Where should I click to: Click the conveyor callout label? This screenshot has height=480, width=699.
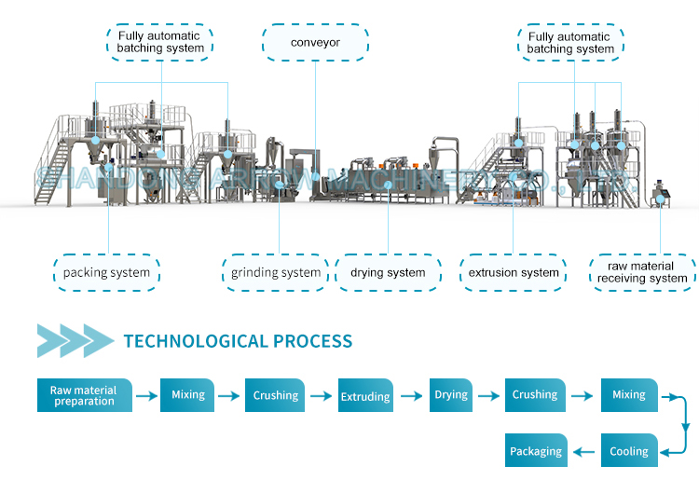(x=316, y=42)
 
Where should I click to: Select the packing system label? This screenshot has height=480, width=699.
(x=106, y=273)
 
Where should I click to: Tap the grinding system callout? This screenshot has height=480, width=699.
(x=276, y=273)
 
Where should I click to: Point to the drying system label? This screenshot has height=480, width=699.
(x=388, y=273)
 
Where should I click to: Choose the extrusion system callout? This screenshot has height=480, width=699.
(x=514, y=273)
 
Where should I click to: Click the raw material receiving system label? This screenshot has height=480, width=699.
(x=642, y=272)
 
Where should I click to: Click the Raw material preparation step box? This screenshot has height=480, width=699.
(x=84, y=395)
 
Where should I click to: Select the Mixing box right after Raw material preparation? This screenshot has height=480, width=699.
(x=188, y=395)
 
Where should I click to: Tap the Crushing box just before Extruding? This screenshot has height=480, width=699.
(x=276, y=395)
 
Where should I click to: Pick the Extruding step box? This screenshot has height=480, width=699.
(x=365, y=396)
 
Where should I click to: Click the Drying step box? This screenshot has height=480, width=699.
(x=451, y=395)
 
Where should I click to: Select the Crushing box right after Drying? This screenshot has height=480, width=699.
(x=535, y=395)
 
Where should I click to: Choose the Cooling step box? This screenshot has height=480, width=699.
(x=629, y=451)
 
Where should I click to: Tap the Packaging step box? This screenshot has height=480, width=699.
(x=536, y=451)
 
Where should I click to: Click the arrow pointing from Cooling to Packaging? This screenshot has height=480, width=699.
(x=584, y=452)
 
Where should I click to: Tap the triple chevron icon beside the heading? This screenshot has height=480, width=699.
(x=75, y=341)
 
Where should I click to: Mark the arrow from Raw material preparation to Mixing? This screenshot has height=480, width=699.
(x=145, y=396)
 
